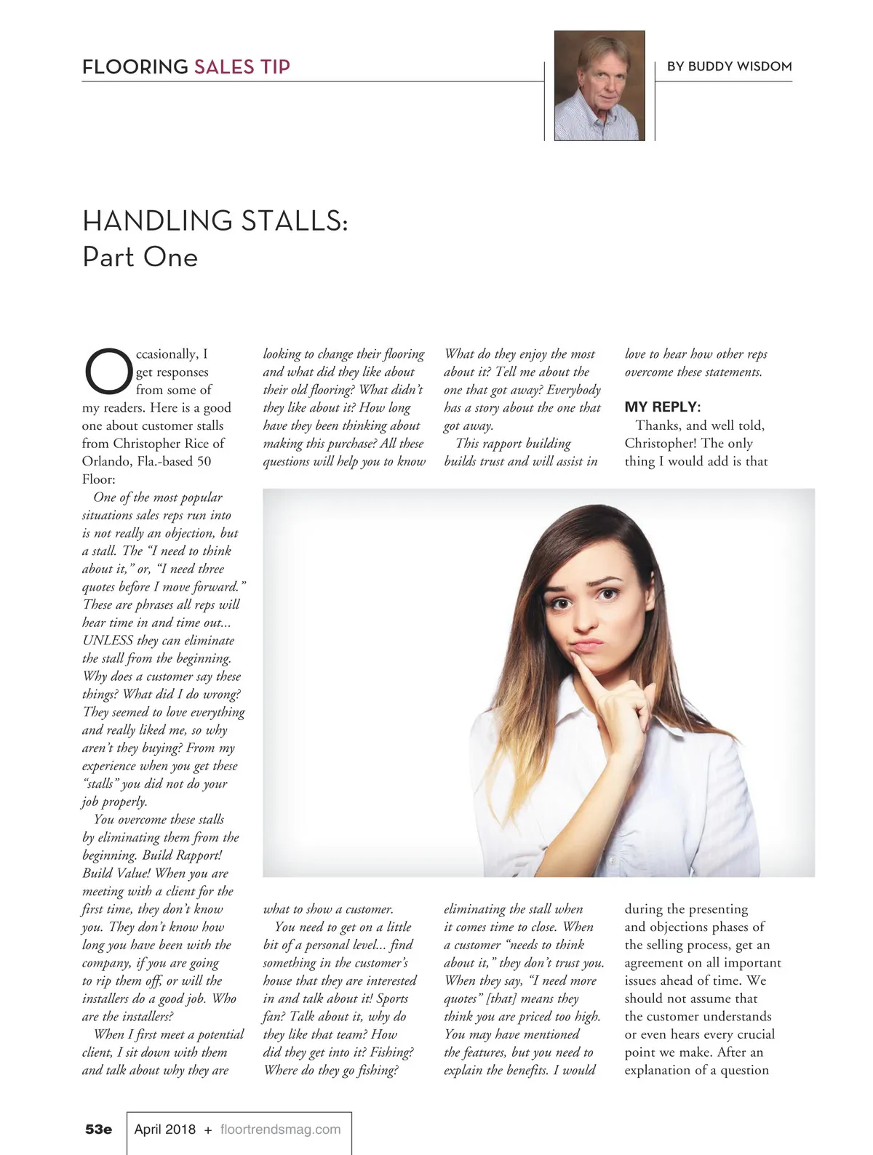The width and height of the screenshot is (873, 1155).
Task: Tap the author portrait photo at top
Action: coord(599,86)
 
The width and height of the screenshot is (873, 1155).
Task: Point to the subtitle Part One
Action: coord(140,257)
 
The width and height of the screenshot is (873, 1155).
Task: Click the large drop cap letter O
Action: coord(108,371)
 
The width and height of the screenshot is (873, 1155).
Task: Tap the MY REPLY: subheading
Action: coord(662,407)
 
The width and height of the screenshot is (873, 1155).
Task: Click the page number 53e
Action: coord(98,1130)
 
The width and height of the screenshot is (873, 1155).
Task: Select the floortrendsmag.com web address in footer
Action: coord(280,1130)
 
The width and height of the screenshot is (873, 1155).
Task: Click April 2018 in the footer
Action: coord(165,1130)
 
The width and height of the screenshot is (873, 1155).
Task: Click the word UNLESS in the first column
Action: coord(108,641)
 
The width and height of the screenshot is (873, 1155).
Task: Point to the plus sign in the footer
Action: coord(208,1130)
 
